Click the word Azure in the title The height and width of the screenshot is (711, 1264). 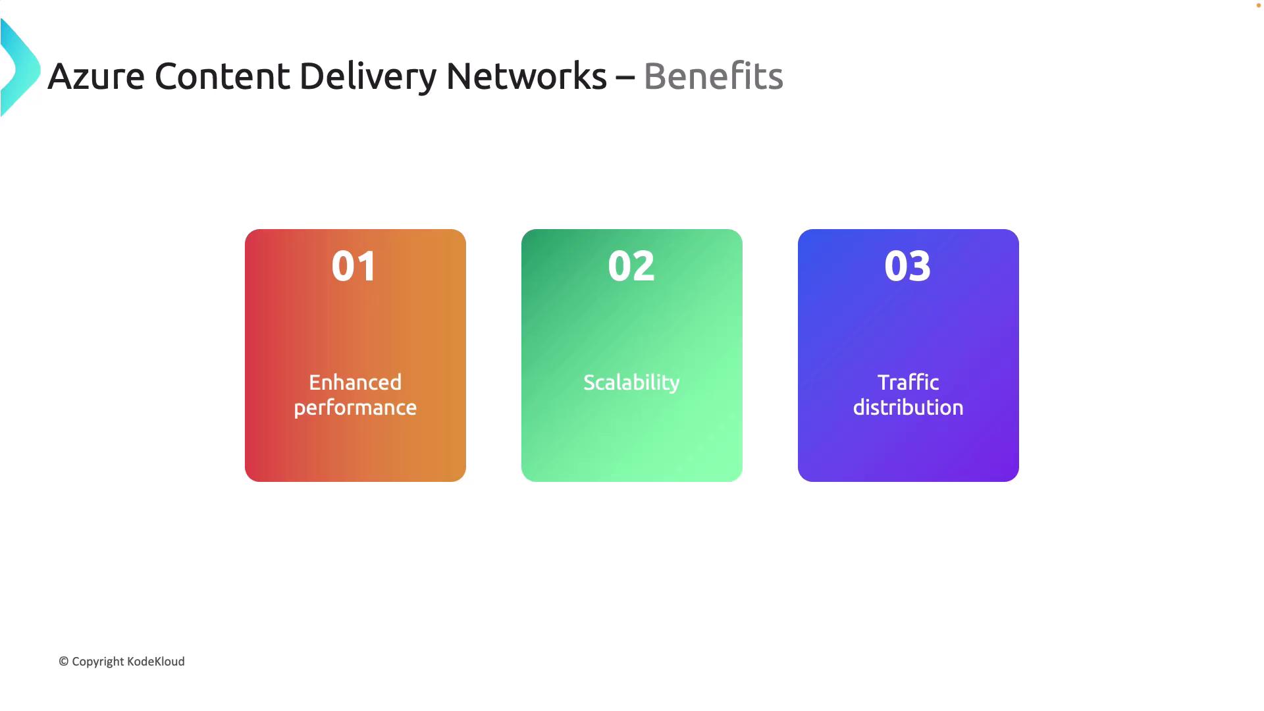coord(96,76)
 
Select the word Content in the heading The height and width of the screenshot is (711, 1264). coord(222,76)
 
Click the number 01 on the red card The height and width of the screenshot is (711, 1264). coord(354,266)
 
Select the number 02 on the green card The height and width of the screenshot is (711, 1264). coord(631,266)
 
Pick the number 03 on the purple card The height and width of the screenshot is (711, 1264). coord(908,266)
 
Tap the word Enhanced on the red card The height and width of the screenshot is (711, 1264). coord(355,382)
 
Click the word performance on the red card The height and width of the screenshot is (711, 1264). coord(355,408)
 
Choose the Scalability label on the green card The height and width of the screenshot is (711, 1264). coord(631,382)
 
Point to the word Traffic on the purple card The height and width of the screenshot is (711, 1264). coord(908,382)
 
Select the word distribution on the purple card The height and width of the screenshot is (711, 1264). coord(908,407)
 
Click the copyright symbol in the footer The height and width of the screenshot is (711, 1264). coord(64,662)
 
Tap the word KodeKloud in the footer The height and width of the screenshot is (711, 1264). coord(156,662)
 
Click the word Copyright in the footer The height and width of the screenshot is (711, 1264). coord(98,662)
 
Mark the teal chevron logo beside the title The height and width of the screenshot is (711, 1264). coord(20,68)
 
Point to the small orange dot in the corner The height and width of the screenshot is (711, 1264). coord(1258,5)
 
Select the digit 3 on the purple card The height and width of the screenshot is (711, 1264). coord(920,266)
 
